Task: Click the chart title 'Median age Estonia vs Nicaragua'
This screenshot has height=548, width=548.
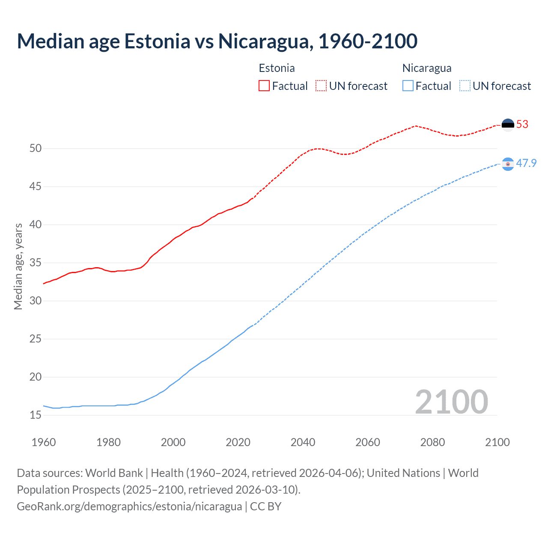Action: pyautogui.click(x=217, y=41)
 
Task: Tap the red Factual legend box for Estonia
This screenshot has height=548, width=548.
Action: pyautogui.click(x=264, y=86)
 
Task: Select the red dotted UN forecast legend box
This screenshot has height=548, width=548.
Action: pyautogui.click(x=321, y=86)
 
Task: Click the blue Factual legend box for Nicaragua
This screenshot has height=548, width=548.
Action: pyautogui.click(x=408, y=86)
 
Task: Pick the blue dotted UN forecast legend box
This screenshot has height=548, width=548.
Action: pyautogui.click(x=465, y=86)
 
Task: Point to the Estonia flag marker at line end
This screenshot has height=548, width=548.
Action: pyautogui.click(x=508, y=125)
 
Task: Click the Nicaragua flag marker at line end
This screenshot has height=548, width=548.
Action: pyautogui.click(x=508, y=164)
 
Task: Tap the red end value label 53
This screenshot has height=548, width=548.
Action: pyautogui.click(x=522, y=125)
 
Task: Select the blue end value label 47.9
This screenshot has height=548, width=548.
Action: pyautogui.click(x=526, y=164)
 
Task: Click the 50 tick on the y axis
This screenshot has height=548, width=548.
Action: pyautogui.click(x=36, y=149)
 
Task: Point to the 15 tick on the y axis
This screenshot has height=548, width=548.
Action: pyautogui.click(x=36, y=415)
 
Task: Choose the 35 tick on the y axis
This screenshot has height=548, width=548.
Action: pyautogui.click(x=36, y=263)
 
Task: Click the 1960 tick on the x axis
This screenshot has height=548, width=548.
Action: pyautogui.click(x=44, y=442)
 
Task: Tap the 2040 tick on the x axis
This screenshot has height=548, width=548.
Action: pyautogui.click(x=303, y=442)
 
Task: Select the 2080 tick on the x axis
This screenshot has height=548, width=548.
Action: pyautogui.click(x=432, y=442)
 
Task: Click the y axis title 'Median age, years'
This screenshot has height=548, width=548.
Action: pyautogui.click(x=18, y=266)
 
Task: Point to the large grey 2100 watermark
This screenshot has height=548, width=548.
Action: pyautogui.click(x=451, y=402)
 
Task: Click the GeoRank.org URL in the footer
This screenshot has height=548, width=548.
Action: pyautogui.click(x=129, y=506)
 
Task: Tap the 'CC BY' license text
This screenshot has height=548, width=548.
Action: pyautogui.click(x=266, y=506)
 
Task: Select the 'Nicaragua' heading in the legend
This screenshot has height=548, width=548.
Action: pyautogui.click(x=427, y=68)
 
